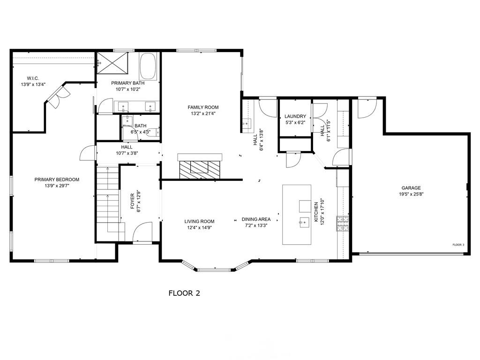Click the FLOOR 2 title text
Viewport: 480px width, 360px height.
click(x=184, y=293)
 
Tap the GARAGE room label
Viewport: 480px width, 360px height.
click(x=411, y=188)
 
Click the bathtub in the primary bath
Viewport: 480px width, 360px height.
click(x=149, y=66)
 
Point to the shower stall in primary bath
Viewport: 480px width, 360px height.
click(x=112, y=63)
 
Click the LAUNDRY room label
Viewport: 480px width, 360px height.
click(x=295, y=116)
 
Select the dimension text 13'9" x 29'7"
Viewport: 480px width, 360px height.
click(x=57, y=186)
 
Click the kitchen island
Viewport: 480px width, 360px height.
click(x=297, y=214)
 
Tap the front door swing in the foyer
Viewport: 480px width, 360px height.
click(x=142, y=232)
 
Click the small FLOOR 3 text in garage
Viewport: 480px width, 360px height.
click(x=458, y=245)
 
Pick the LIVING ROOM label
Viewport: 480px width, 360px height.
click(x=199, y=221)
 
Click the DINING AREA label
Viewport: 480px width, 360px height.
click(x=256, y=219)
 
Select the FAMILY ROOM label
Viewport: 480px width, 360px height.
click(x=203, y=107)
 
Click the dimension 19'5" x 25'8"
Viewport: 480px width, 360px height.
click(x=411, y=194)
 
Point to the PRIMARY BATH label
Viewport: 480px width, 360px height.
click(x=128, y=83)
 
